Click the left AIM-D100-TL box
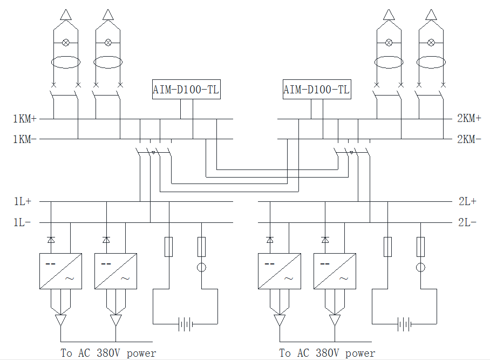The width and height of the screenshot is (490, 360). point(186,90)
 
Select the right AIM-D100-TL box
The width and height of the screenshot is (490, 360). point(317,90)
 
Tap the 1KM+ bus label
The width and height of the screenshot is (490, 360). point(25,119)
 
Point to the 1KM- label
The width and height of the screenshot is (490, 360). point(25,139)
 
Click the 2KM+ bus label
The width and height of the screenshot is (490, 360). point(469,118)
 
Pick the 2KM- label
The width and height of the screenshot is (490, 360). point(469,139)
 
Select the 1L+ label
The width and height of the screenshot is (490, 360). point(23,201)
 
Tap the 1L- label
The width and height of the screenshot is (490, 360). point(22,222)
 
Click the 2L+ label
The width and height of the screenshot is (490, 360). point(467,201)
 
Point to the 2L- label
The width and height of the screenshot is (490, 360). point(467,222)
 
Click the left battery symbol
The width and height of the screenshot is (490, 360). point(185,324)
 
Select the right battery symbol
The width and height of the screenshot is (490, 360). point(404,324)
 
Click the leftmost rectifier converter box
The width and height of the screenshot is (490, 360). point(60,271)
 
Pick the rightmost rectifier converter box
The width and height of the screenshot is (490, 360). point(335,271)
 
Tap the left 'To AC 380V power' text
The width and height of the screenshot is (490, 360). point(108,353)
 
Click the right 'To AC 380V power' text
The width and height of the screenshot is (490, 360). point(327,353)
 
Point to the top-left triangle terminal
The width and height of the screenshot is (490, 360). point(66,15)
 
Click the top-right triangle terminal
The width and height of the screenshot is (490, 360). point(431,15)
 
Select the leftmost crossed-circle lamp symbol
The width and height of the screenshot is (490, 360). point(66,43)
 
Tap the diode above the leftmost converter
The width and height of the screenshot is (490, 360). point(51,240)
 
